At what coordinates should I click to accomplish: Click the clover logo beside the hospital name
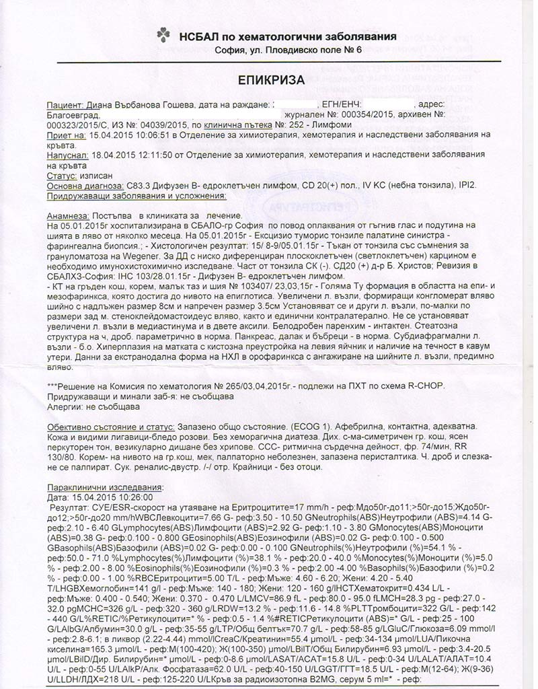[163, 34]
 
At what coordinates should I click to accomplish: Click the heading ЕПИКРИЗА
[272, 80]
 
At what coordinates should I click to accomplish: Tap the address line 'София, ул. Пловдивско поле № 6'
[289, 50]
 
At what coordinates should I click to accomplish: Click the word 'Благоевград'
[71, 116]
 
